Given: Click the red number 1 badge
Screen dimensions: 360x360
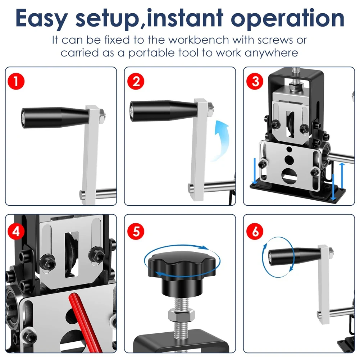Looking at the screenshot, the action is (x=16, y=81).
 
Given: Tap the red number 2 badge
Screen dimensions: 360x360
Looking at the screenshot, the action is (x=136, y=81).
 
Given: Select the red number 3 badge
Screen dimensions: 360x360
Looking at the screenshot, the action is (x=255, y=81).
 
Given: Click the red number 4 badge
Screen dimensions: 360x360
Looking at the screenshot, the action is (x=16, y=232).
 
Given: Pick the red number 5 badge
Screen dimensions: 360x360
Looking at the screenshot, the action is (x=136, y=232).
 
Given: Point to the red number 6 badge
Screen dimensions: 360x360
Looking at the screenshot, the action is (x=255, y=232).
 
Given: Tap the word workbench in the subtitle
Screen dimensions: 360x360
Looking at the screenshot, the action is (x=199, y=40).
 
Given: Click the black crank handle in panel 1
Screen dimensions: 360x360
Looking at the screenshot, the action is (x=55, y=117).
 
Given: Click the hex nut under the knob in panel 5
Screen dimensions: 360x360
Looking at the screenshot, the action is (x=181, y=314).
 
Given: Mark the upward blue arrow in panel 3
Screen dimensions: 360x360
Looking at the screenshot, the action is (x=342, y=175).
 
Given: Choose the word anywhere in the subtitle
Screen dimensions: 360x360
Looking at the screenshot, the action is (x=272, y=53).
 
